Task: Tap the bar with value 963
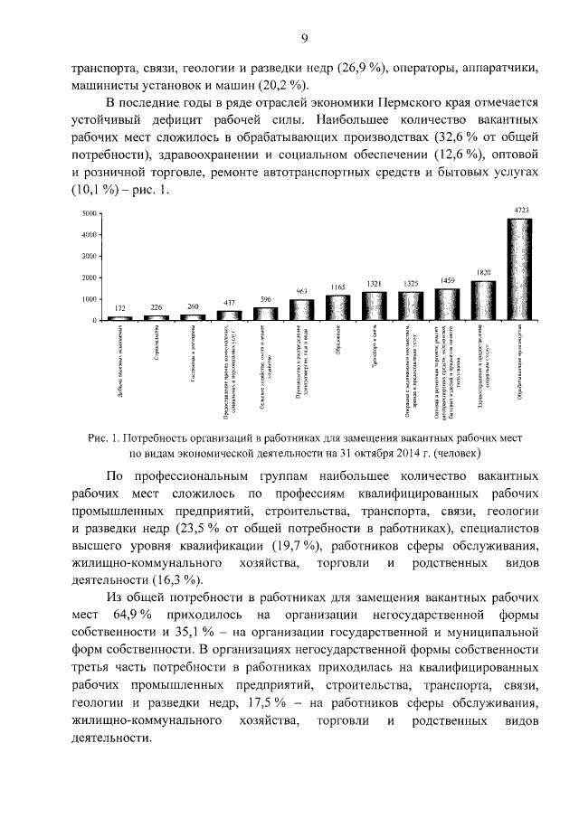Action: coord(300,310)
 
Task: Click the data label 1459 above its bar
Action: coord(447,281)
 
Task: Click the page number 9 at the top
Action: coord(305,37)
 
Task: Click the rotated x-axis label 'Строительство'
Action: coord(157,343)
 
